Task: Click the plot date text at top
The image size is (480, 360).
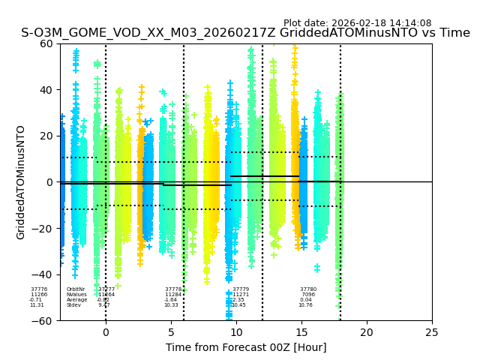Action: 357,23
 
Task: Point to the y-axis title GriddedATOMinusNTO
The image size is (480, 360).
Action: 21,182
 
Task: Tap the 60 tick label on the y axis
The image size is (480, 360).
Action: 46,43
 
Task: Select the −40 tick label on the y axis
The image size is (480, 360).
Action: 43,274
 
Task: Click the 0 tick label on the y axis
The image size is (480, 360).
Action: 49,182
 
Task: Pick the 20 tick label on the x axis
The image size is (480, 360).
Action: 367,332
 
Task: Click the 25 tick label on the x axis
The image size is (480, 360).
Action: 432,332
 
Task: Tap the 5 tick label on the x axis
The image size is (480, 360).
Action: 171,332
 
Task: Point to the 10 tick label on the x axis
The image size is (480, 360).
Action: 236,332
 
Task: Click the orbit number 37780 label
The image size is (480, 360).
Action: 308,289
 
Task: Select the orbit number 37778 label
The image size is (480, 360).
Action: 173,289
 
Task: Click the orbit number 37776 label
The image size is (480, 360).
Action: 39,289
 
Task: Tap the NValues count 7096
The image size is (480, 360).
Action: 308,294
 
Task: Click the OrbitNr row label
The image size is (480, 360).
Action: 76,289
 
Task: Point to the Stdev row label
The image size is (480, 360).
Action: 73,304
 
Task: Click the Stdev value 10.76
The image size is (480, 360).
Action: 305,304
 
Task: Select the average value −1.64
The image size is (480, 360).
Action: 171,299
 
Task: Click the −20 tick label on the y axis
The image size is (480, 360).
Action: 43,229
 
